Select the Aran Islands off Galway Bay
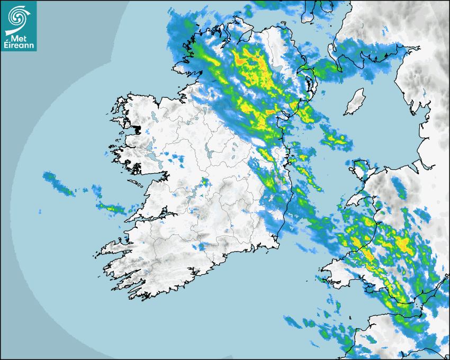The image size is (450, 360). click(x=137, y=184)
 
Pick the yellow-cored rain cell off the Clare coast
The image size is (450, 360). click(x=112, y=208)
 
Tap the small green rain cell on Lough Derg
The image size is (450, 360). click(x=203, y=182)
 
